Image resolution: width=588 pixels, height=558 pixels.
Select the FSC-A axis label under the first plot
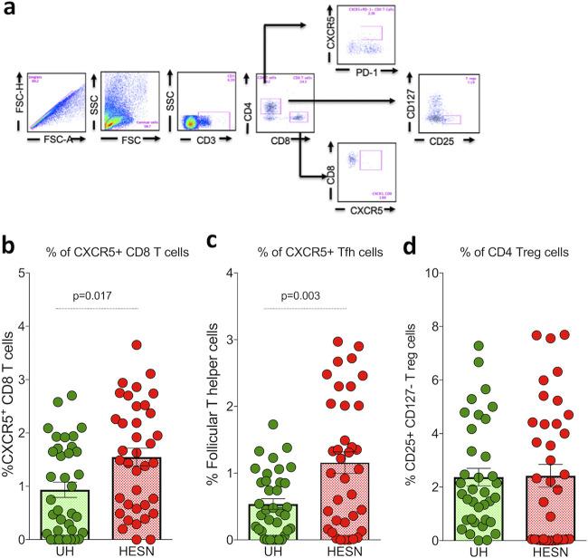pyautogui.click(x=60, y=141)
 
